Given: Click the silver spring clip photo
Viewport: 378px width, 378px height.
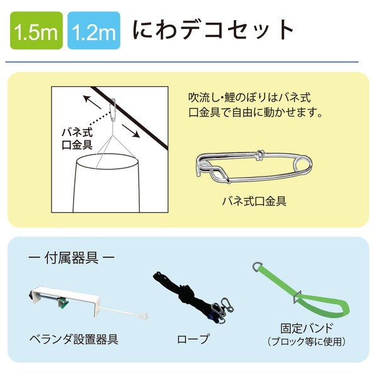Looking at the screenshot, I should point(252,166).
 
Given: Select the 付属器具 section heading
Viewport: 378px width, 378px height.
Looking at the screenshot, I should point(72,258).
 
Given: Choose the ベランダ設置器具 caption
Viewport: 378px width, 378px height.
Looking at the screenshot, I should point(74,340).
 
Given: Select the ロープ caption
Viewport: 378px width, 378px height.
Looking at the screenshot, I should point(193,340).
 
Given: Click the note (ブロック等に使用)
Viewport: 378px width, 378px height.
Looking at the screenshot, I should point(306,342).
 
